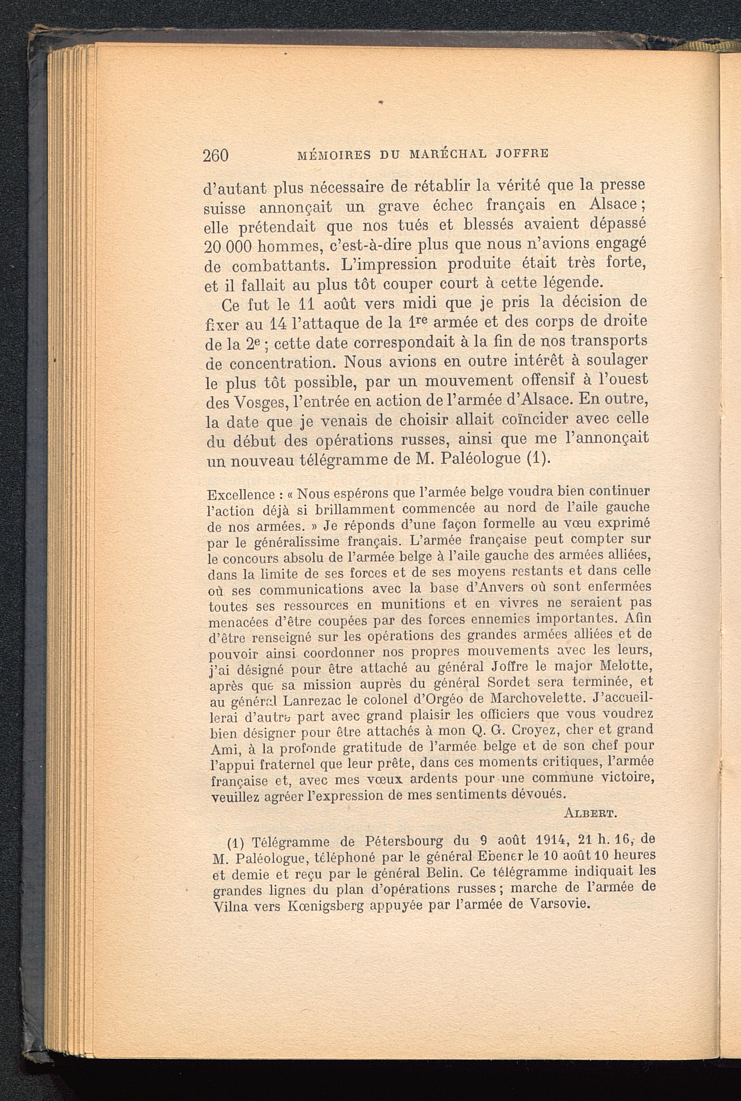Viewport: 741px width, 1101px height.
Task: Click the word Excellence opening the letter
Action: point(240,495)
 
